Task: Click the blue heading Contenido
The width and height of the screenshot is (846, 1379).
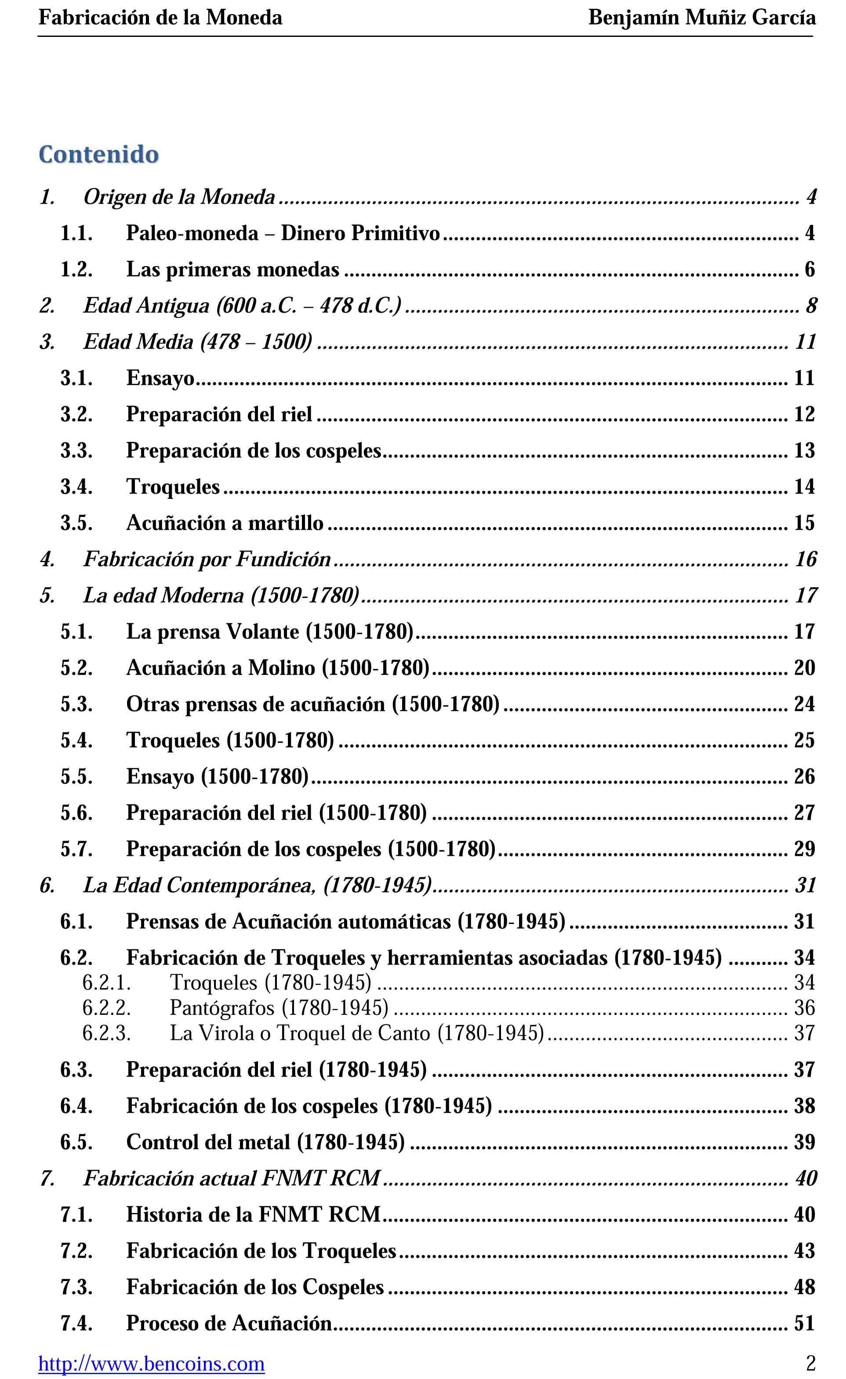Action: coord(98,155)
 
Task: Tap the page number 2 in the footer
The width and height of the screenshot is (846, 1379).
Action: coord(810,1363)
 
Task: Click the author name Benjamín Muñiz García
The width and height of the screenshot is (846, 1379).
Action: coord(701,18)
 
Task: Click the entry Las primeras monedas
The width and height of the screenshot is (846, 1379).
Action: coord(232,269)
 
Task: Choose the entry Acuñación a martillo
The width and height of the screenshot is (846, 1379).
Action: coord(225,523)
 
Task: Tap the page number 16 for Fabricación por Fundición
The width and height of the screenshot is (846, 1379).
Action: coord(806,559)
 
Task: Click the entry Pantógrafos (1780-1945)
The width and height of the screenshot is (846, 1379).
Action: coord(279,1008)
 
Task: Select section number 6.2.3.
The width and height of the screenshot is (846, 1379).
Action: coord(106,1033)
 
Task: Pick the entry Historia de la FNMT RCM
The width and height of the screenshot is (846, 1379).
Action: coord(253,1214)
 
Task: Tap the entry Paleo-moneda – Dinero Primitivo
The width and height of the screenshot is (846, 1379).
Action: coord(283,233)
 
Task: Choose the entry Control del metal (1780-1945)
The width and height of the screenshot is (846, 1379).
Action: coord(265,1142)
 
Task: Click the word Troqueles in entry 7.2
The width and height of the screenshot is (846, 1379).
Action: coord(349,1251)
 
